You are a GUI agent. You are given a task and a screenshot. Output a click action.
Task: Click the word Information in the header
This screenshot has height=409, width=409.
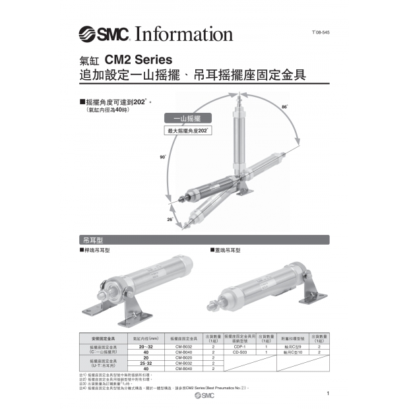click(183, 34)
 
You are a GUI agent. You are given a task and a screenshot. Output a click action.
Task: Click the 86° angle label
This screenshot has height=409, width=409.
click(284, 106)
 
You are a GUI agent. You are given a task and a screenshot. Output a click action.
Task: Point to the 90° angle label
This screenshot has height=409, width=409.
click(163, 157)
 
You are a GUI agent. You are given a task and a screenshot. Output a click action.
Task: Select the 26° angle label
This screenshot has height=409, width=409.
click(170, 218)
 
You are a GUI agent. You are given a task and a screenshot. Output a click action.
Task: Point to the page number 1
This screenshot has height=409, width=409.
click(328, 394)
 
